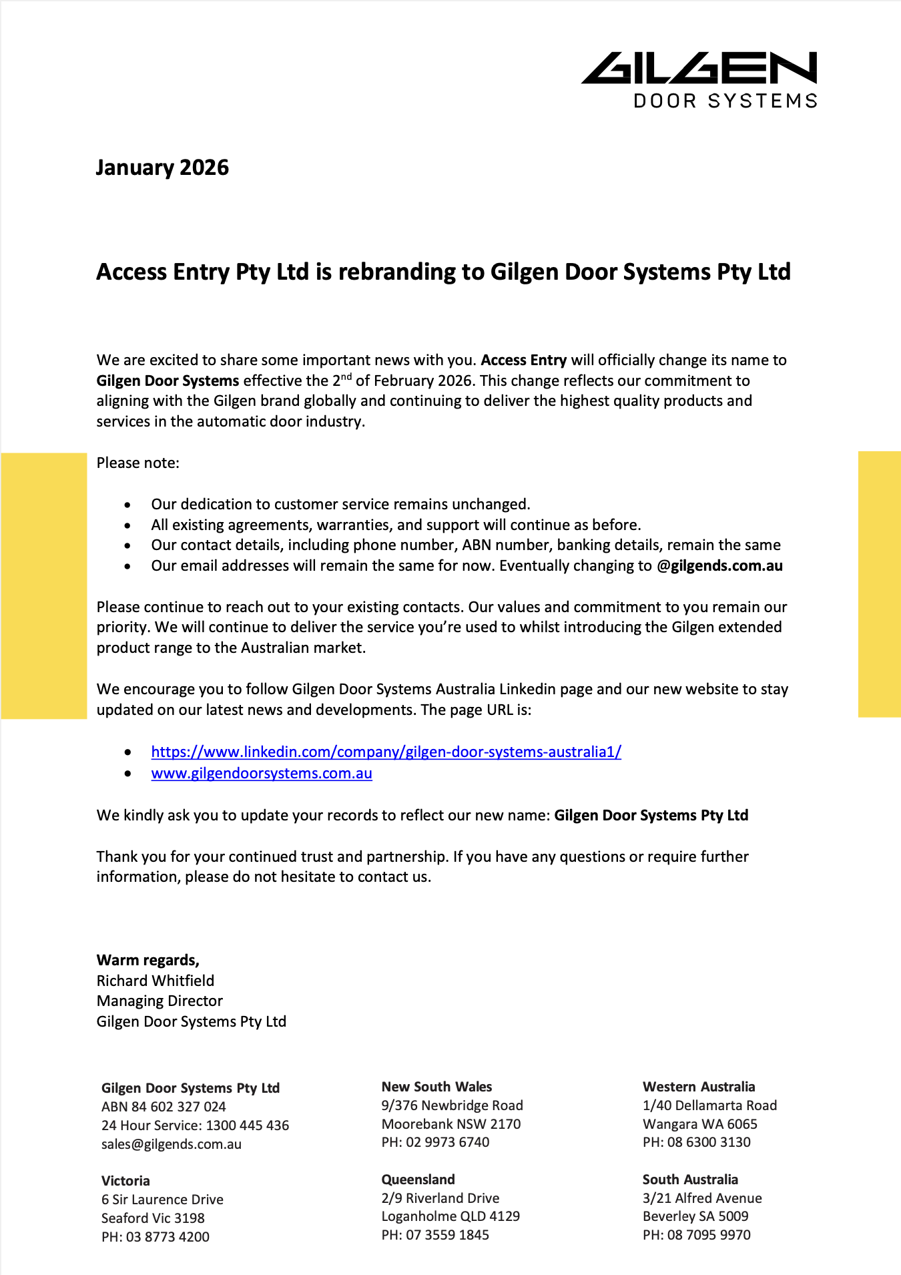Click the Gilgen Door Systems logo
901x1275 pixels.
(x=699, y=79)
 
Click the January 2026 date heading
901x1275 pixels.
(x=162, y=168)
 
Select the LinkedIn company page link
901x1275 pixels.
(x=386, y=752)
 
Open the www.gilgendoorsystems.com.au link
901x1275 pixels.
(x=262, y=773)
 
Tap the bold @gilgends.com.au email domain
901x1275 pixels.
(x=719, y=566)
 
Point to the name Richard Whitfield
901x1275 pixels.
(x=156, y=981)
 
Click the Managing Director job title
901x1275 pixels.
(x=160, y=1001)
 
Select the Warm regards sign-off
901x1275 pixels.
(x=148, y=960)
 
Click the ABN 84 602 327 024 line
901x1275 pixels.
(x=164, y=1107)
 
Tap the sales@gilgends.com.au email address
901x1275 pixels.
(x=172, y=1144)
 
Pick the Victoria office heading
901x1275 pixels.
(x=125, y=1181)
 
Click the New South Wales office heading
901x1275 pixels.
(x=436, y=1087)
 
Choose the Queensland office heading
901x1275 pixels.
(x=418, y=1180)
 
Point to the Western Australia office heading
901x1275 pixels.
(x=699, y=1087)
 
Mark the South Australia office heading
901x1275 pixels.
(x=690, y=1180)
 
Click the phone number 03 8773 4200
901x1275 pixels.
(x=168, y=1237)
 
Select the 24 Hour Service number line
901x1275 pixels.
(x=195, y=1125)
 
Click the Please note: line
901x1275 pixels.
(x=138, y=463)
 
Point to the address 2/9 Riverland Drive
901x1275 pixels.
(x=440, y=1198)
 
